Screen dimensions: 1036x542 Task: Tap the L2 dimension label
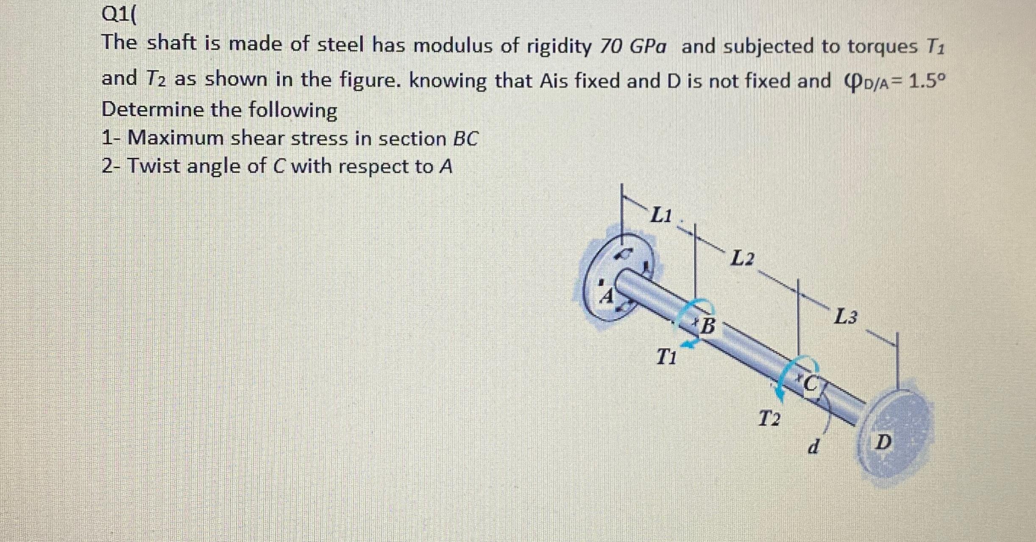click(x=743, y=258)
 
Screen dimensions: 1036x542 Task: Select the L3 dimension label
click(x=845, y=317)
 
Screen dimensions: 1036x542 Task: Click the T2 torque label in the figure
click(x=769, y=419)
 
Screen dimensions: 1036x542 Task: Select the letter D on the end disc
click(x=884, y=442)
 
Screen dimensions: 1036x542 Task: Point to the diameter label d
click(x=812, y=447)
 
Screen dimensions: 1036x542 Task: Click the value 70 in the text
click(x=610, y=47)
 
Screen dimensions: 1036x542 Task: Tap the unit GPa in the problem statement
click(x=648, y=47)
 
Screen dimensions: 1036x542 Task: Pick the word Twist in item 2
click(x=154, y=166)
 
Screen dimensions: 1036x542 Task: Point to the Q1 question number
click(x=115, y=16)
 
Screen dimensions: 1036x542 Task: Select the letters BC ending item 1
click(x=465, y=139)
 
